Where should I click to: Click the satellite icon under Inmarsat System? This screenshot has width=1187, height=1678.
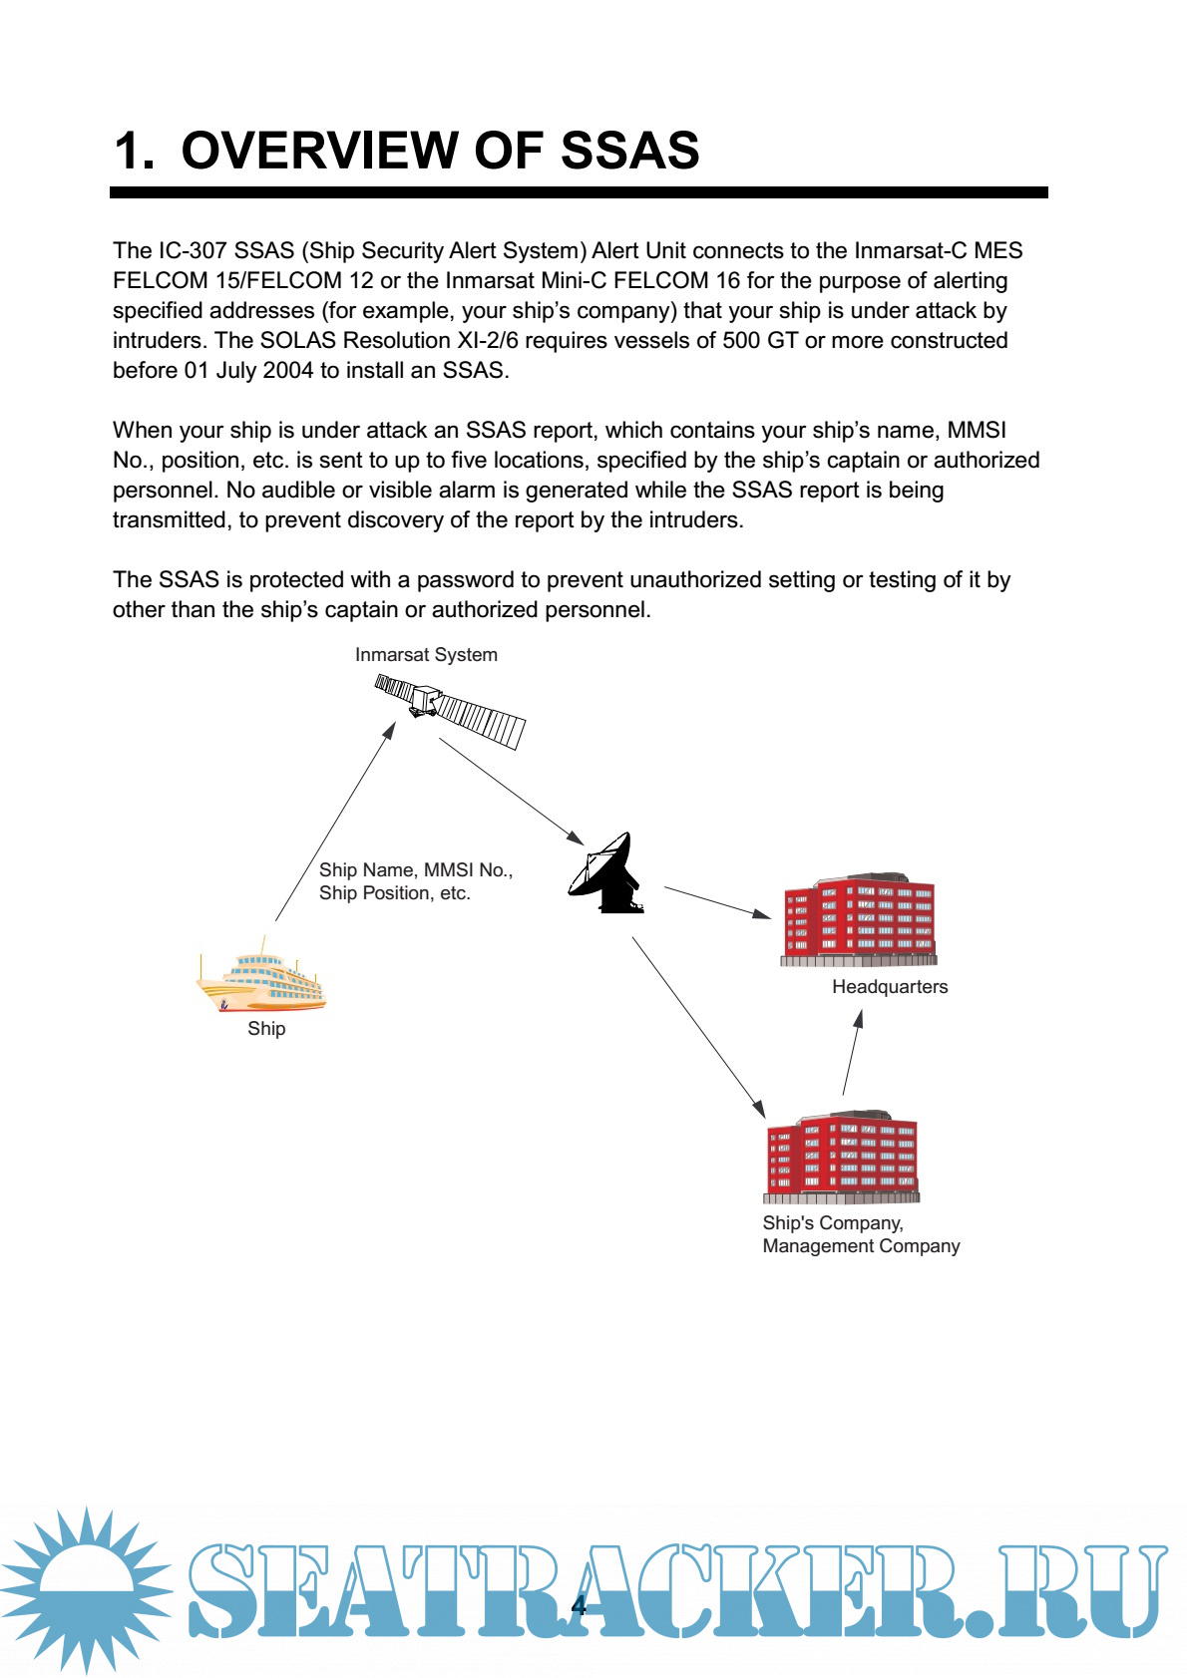click(x=450, y=710)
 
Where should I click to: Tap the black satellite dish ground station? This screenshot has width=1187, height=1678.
click(x=606, y=874)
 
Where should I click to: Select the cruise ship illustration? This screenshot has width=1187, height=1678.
click(x=261, y=979)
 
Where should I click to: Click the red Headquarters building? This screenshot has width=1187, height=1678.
click(x=859, y=920)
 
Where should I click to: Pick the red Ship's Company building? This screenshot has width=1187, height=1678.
click(x=842, y=1156)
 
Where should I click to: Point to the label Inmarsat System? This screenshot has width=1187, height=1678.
click(x=426, y=655)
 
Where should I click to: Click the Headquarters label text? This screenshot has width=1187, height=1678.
click(x=890, y=987)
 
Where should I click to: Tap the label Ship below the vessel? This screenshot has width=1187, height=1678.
click(x=266, y=1029)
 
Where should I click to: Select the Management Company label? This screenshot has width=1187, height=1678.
click(x=861, y=1246)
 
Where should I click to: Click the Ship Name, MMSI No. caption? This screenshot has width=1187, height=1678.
click(x=415, y=870)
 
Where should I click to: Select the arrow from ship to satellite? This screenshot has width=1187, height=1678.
click(x=335, y=823)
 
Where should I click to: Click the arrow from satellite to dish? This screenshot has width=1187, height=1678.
click(x=511, y=791)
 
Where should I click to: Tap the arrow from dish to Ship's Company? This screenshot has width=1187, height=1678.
click(x=698, y=1027)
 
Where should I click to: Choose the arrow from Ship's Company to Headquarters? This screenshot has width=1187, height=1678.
click(x=852, y=1054)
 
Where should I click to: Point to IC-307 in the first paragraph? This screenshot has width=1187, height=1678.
click(x=193, y=251)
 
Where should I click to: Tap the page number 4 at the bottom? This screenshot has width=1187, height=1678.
click(x=579, y=1604)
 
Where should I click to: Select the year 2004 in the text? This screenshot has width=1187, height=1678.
click(x=288, y=371)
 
